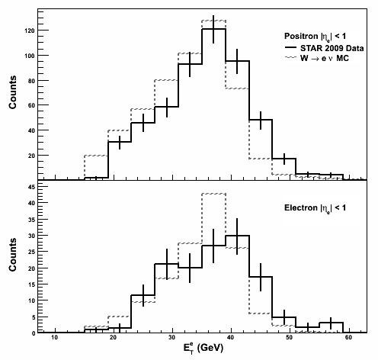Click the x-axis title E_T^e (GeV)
(203, 348)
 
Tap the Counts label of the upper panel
(13, 92)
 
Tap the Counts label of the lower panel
(13, 255)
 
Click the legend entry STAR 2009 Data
(325, 48)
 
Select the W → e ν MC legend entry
(317, 58)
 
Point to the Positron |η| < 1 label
(315, 37)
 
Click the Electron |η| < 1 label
(315, 208)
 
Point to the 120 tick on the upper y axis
(30, 31)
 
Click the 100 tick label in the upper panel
(30, 56)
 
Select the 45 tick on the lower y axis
(32, 187)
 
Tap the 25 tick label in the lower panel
(32, 252)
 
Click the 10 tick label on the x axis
(55, 338)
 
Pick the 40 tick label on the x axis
(231, 338)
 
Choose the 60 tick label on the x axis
(349, 338)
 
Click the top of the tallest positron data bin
(213, 29)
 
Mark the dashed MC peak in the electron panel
(213, 194)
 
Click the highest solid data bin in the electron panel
(237, 236)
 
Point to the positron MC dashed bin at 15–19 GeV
(96, 156)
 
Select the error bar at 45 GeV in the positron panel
(261, 121)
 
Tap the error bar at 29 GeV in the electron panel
(167, 264)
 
